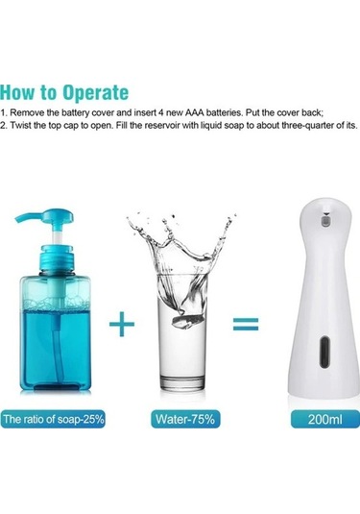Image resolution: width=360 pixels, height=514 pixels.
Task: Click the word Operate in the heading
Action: [x=96, y=93]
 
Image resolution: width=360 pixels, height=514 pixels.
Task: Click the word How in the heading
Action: [x=17, y=92]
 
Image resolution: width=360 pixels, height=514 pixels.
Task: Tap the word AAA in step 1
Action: [x=194, y=112]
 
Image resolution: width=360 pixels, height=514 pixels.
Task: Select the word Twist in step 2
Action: [x=19, y=125]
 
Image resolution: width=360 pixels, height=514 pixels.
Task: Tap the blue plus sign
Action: [x=122, y=324]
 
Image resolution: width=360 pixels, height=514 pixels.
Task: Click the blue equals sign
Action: [x=246, y=324]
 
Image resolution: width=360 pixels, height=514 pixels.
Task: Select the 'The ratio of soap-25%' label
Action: [x=53, y=419]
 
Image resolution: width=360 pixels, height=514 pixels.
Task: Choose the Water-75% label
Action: [x=185, y=419]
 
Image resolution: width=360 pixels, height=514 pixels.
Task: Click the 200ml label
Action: [x=324, y=419]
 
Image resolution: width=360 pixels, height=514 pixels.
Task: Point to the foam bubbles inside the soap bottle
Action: [x=55, y=304]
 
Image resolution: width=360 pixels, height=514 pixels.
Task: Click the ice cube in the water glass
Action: [x=186, y=321]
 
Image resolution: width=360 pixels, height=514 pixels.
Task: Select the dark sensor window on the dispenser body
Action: [x=324, y=352]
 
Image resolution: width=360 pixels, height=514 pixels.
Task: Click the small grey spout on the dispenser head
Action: [x=325, y=219]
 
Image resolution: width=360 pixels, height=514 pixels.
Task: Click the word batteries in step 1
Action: [x=225, y=112]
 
